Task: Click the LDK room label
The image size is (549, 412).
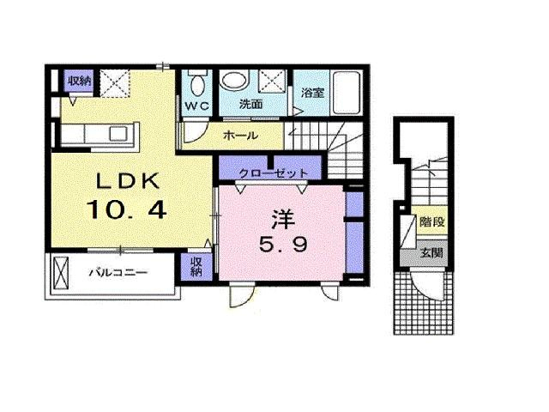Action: click(128, 181)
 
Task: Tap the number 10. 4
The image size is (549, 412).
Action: click(126, 209)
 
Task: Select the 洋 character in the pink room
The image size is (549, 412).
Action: click(283, 220)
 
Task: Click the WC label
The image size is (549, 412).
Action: click(196, 106)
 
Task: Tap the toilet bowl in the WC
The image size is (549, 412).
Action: click(197, 83)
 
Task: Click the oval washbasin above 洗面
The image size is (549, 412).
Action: click(234, 80)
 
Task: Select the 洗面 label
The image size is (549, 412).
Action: click(250, 104)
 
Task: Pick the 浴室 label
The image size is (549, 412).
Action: click(312, 93)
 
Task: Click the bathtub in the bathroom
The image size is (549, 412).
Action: click(347, 92)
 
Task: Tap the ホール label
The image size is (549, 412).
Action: click(240, 136)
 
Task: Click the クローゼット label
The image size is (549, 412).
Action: click(273, 173)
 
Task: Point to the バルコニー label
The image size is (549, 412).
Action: click(118, 272)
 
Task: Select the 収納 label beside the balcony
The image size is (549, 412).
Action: click(196, 267)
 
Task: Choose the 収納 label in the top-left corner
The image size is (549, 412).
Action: click(80, 81)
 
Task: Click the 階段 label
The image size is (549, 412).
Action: click(432, 221)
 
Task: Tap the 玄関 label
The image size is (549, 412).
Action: click(431, 252)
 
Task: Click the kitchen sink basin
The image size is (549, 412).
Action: click(118, 134)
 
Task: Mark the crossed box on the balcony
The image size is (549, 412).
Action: click(59, 274)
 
